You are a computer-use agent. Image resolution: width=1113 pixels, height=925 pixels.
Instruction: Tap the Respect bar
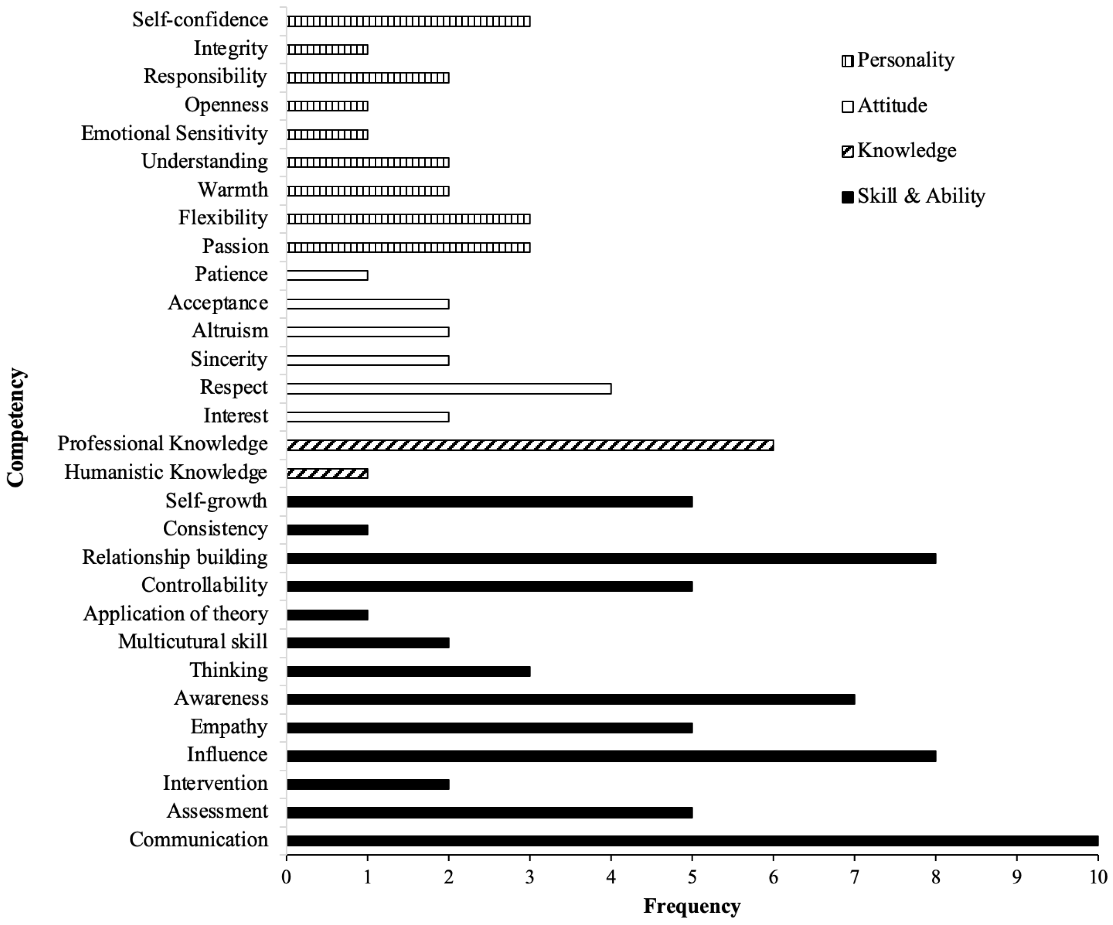point(449,389)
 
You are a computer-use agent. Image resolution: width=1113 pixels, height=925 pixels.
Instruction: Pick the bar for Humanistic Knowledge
point(327,474)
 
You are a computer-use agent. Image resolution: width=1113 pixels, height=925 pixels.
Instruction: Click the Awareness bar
point(570,700)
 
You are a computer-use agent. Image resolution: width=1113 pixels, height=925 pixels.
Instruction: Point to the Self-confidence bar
point(408,21)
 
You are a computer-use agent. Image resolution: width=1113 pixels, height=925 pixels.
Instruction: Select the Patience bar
point(327,275)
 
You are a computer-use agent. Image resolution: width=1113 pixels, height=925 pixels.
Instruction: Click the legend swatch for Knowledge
point(847,152)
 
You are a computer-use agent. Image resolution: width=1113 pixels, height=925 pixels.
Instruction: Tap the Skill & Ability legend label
point(921,196)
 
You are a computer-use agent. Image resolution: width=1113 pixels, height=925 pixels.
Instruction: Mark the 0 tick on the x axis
point(286,877)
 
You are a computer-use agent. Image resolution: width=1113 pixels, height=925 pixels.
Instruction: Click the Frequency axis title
point(692,906)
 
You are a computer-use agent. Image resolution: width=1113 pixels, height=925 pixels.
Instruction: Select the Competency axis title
point(16,427)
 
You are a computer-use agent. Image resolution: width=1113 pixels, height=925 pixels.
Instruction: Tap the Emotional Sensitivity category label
point(174,133)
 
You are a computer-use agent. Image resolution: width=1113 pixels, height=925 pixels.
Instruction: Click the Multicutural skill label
point(192,642)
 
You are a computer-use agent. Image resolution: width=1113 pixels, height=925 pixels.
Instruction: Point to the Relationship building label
point(174,557)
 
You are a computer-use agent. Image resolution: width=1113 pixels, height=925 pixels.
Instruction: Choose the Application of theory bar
point(327,615)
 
